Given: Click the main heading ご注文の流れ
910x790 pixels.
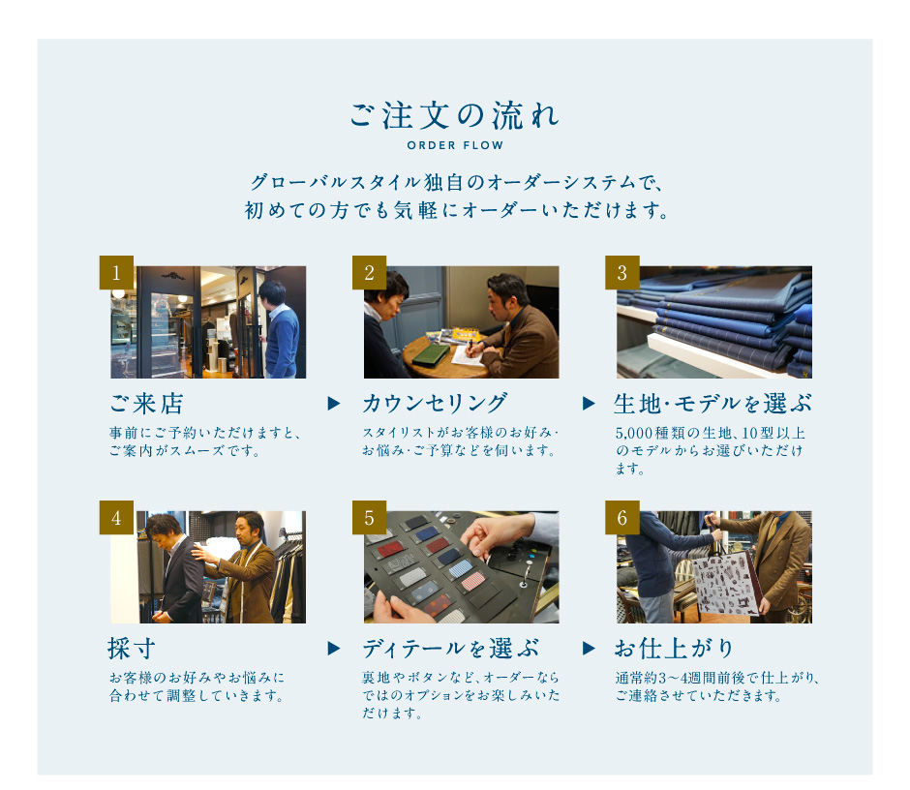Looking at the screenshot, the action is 454,115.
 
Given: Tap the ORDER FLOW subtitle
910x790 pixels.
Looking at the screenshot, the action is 455,145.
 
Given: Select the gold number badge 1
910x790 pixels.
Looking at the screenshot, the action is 116,272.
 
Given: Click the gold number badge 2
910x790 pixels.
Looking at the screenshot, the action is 369,272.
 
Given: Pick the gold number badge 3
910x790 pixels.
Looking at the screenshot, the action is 622,272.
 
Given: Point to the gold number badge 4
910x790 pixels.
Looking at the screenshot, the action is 116,517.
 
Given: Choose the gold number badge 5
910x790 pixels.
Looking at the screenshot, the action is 369,517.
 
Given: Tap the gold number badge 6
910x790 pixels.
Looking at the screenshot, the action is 622,517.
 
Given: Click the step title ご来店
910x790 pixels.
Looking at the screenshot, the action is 147,404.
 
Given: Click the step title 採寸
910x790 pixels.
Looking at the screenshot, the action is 132,649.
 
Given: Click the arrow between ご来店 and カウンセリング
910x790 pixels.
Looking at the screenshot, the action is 334,403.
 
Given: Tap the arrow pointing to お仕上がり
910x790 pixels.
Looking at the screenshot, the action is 589,648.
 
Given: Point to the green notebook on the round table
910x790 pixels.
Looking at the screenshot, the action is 430,354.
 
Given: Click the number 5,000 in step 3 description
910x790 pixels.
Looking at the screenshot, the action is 634,433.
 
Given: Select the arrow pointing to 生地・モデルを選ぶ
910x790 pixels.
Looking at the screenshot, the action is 589,403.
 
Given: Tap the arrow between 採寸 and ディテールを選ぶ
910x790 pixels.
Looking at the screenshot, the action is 334,648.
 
